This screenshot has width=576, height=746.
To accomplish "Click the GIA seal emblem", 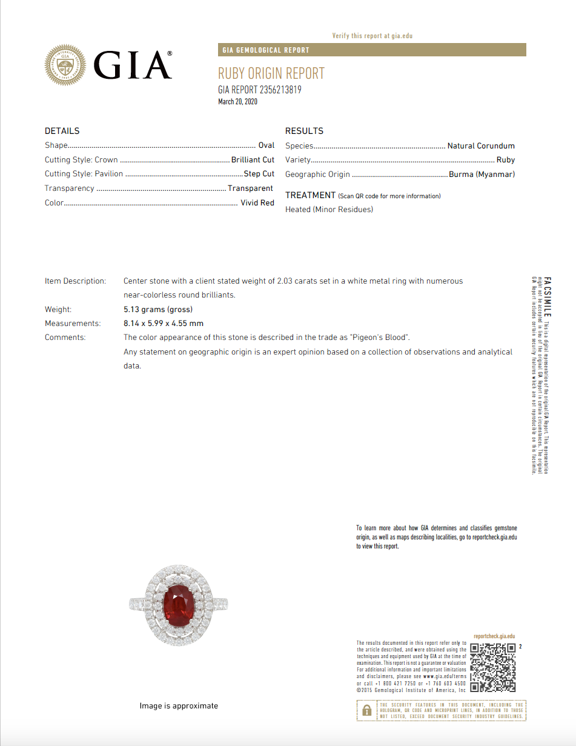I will (66, 65).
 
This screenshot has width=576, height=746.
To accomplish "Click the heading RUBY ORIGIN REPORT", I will (271, 74).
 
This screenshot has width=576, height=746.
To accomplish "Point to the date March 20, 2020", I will (237, 102).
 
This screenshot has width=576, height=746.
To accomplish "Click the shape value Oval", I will (266, 145).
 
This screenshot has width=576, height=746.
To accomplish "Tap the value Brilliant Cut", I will (253, 160).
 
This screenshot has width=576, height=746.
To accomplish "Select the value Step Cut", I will (259, 174).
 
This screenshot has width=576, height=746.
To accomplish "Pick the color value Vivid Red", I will (257, 203).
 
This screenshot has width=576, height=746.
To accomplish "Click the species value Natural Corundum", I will (481, 146).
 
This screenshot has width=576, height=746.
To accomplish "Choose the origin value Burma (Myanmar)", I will (482, 175).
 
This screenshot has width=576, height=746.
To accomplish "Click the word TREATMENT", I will (310, 195).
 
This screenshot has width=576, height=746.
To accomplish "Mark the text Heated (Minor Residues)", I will (329, 210).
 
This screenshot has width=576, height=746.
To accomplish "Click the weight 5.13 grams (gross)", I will (158, 310).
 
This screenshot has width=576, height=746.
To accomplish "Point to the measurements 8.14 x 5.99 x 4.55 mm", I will (164, 324).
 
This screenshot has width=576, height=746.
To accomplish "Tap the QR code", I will (493, 667).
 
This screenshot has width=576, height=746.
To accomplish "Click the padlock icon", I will (366, 710).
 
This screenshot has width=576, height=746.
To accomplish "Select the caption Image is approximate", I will (179, 706).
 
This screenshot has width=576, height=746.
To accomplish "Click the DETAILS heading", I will (62, 131).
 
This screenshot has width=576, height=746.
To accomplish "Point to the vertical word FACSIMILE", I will (547, 301).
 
